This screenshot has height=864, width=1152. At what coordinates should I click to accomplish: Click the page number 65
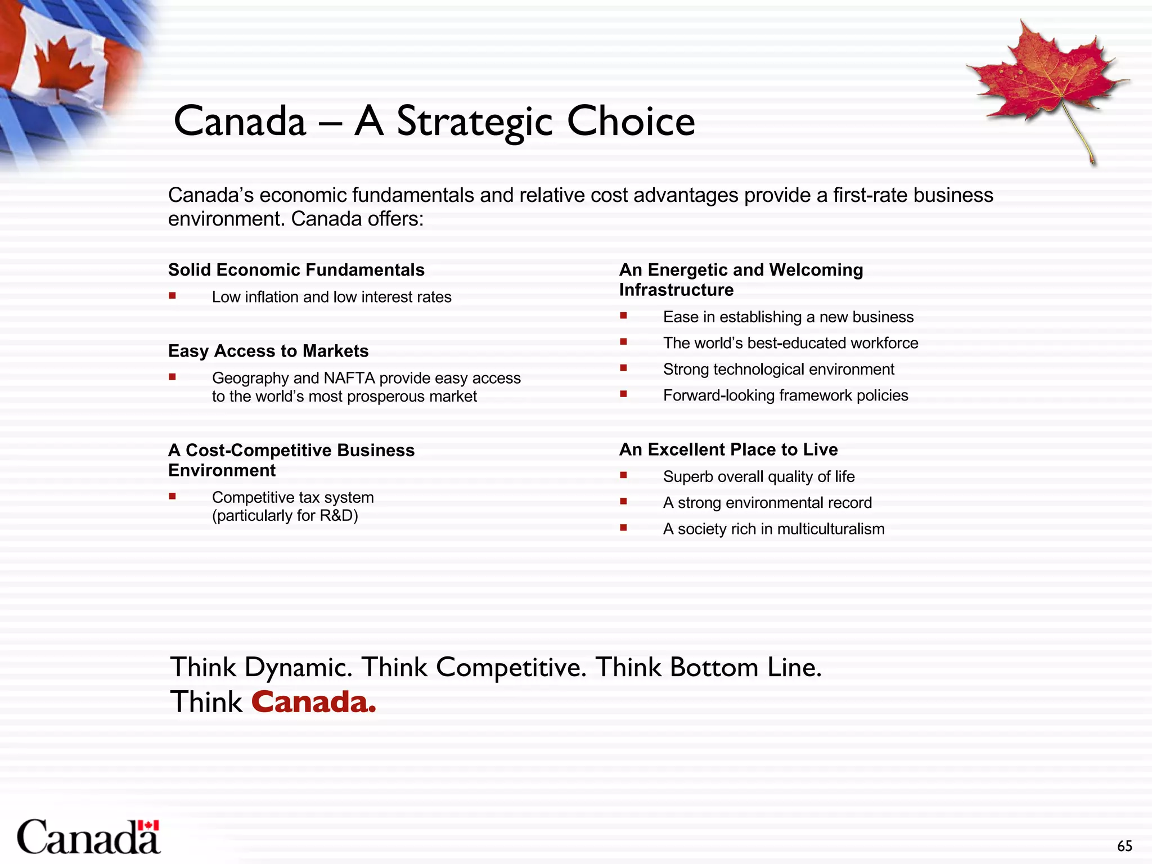[x=1124, y=846]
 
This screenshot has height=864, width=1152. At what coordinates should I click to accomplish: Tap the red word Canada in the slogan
[x=313, y=702]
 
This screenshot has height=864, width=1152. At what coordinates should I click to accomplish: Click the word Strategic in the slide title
[x=475, y=121]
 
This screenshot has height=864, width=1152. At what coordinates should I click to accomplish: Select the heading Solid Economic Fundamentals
[x=296, y=270]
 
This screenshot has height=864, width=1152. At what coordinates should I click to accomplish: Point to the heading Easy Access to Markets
[x=268, y=351]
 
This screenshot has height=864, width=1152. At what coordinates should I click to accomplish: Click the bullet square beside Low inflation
[x=173, y=296]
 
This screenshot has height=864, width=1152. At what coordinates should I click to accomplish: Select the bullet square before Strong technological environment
[x=623, y=368]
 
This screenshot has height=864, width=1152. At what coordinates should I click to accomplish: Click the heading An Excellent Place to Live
[x=728, y=449]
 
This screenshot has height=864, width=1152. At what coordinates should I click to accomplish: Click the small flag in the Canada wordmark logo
[x=148, y=826]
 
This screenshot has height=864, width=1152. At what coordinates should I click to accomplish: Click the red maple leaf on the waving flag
[x=63, y=68]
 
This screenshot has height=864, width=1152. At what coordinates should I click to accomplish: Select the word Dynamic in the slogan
[x=298, y=668]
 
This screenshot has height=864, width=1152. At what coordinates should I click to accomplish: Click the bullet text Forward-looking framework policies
[x=785, y=395]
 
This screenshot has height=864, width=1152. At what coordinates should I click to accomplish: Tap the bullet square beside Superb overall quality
[x=623, y=475]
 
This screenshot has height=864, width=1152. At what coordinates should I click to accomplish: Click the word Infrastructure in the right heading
[x=676, y=290]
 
